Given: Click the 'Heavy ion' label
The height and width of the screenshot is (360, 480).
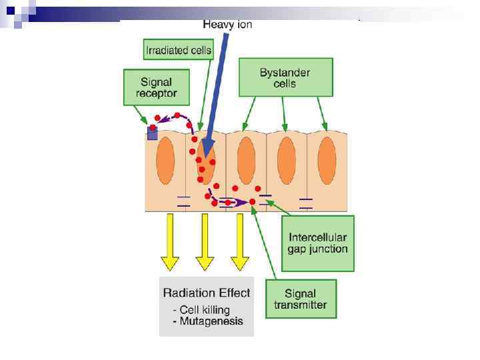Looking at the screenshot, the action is [227, 25].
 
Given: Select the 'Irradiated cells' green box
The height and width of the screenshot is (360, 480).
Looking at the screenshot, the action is [178, 49].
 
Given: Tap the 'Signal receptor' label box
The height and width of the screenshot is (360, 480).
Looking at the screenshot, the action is [156, 87].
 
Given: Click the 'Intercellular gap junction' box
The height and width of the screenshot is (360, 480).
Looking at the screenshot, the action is [318, 243].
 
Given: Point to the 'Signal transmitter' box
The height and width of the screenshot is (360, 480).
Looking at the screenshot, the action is [301, 299].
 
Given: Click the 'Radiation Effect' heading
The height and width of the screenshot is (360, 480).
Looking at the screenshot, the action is [207, 293].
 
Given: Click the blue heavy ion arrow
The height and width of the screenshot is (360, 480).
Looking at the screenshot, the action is [218, 93].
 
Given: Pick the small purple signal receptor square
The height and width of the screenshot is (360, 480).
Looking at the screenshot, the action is [152, 133].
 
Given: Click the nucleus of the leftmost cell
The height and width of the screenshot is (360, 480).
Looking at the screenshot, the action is [165, 161].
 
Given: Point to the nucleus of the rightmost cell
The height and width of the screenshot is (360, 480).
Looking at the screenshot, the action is [327, 161].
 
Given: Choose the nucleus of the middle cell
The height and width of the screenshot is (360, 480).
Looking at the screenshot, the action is [246, 161].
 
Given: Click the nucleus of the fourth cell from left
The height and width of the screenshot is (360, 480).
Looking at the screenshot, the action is [287, 161].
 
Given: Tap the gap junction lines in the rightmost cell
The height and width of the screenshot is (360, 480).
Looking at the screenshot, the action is [306, 203].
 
